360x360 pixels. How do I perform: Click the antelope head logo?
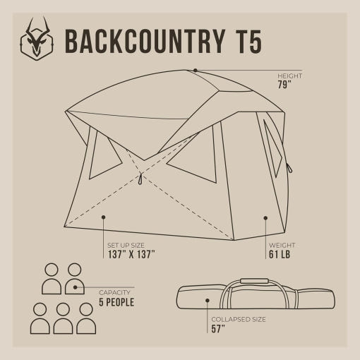pyautogui.click(x=37, y=38)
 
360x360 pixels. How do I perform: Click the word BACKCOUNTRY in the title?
pyautogui.click(x=145, y=42)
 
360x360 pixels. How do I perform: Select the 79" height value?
pyautogui.click(x=284, y=85)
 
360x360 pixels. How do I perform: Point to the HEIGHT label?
pyautogui.click(x=289, y=76)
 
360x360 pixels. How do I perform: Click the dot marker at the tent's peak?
pyautogui.click(x=196, y=70)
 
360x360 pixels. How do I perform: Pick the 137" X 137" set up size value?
pyautogui.click(x=131, y=254)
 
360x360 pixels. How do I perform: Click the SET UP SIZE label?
pyautogui.click(x=126, y=246)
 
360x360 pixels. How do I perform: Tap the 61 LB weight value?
pyautogui.click(x=280, y=254)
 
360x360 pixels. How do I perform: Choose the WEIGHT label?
pyautogui.click(x=282, y=246)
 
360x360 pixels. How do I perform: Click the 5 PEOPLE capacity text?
pyautogui.click(x=116, y=302)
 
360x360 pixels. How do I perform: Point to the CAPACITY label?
pyautogui.click(x=114, y=293)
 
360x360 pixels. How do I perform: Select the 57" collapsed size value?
pyautogui.click(x=218, y=329)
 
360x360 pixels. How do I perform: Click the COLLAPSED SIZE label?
pyautogui.click(x=239, y=320)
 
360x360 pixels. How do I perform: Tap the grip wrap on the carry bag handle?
pyautogui.click(x=254, y=281)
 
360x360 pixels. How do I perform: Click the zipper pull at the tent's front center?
pyautogui.click(x=140, y=179)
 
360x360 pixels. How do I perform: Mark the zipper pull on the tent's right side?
pyautogui.click(x=289, y=167)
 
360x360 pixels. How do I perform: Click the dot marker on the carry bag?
pyautogui.click(x=208, y=301)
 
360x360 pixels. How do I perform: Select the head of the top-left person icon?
pyautogui.click(x=52, y=270)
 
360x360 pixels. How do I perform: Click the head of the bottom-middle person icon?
pyautogui.click(x=63, y=309)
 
